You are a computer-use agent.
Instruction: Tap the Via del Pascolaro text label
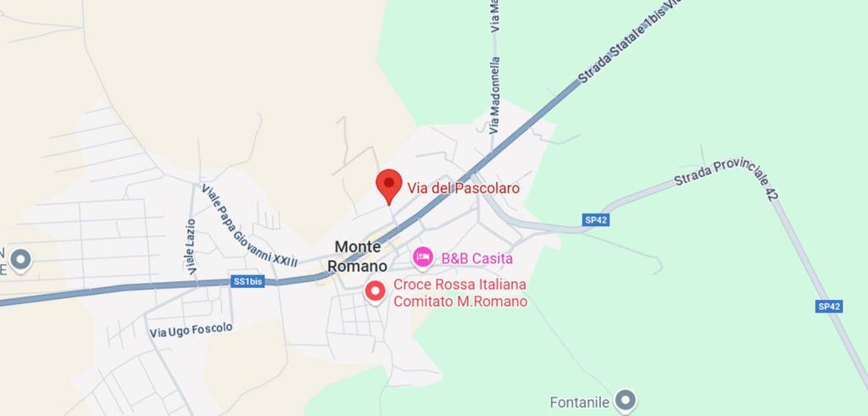tap(463, 188)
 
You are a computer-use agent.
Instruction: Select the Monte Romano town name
tap(358, 256)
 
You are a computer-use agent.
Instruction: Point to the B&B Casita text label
tap(476, 258)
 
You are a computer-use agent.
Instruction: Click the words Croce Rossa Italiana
tap(459, 285)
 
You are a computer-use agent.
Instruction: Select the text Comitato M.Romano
tap(460, 302)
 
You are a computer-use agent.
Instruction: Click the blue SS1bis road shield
tap(248, 281)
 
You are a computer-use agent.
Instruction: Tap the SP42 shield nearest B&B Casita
tap(597, 219)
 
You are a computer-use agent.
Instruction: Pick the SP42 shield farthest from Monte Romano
tap(829, 307)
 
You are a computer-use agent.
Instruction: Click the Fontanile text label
tap(580, 402)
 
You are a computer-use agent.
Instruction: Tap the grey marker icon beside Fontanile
tap(626, 399)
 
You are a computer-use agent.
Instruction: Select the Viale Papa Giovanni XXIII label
tap(249, 225)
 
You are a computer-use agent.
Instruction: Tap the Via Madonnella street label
tap(495, 95)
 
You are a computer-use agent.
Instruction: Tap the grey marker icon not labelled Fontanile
tap(19, 259)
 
